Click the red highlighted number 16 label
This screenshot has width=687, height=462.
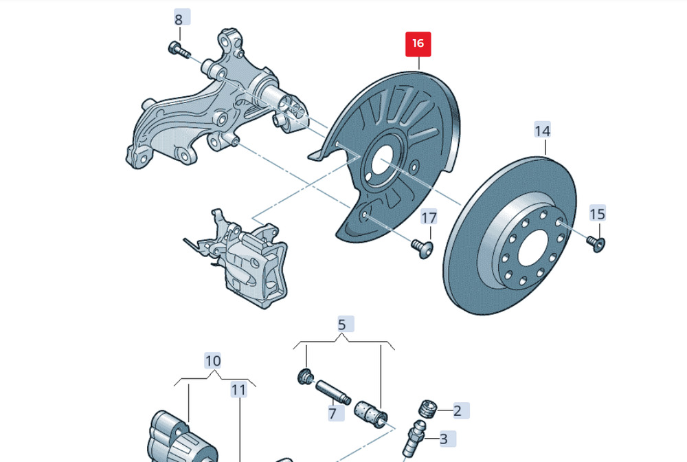pos(418,44)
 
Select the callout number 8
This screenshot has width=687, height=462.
pos(179,20)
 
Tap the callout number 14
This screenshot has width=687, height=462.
pos(543,131)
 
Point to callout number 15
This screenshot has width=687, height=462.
pos(598,214)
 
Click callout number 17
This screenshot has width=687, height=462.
pos(429,218)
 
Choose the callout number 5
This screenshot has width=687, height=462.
pos(341,324)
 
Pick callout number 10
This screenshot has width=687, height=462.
pos(213,361)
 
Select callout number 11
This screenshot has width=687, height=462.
pos(239,390)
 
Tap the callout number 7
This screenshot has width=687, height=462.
pos(333,413)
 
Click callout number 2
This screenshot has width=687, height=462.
pos(457,411)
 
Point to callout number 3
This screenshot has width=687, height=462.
pos(443,439)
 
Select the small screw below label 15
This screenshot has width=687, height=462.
pos(596,243)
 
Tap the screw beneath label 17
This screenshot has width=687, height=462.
pos(423,248)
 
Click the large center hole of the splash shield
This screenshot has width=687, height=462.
pos(383,162)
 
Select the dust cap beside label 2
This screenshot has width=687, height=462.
pos(427,408)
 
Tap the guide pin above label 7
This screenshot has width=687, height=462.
pos(333,393)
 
